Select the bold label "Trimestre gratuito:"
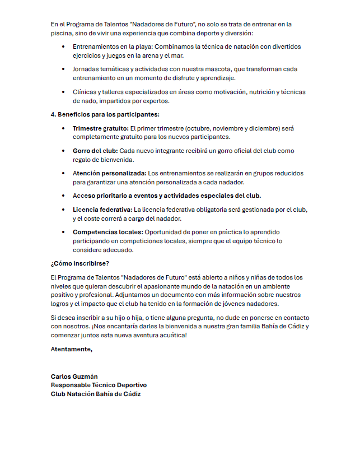100,129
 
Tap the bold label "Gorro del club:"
95,151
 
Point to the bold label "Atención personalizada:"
110,174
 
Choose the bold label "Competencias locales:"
107,232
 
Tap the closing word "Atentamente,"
71,349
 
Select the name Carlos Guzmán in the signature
74,376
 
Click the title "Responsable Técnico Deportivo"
99,385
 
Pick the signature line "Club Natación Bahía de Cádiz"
96,394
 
